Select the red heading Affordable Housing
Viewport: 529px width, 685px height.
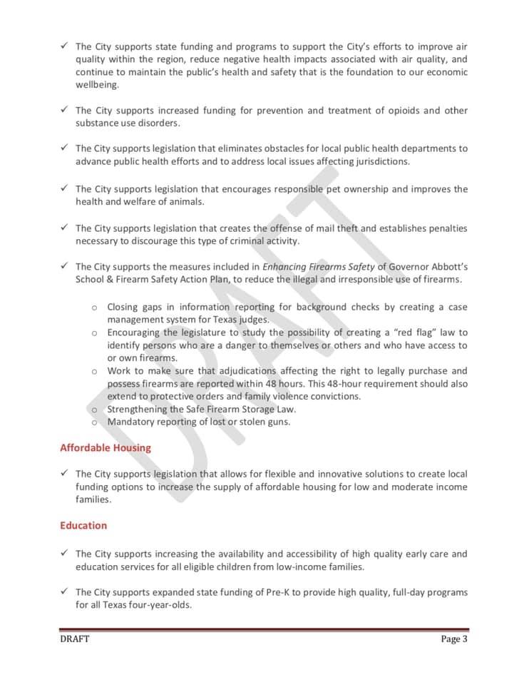[106, 448]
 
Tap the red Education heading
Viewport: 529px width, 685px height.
[83, 526]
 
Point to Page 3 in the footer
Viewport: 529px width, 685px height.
[454, 639]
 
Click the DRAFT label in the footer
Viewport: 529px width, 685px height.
[75, 639]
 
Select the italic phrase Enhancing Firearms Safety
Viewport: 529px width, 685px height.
[319, 267]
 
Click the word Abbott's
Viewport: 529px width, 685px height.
[447, 267]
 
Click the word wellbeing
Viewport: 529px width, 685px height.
[98, 85]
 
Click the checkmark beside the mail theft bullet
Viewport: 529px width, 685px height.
[64, 228]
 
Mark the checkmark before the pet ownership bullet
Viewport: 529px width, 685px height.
[64, 188]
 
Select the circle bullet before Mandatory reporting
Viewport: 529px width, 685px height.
[94, 422]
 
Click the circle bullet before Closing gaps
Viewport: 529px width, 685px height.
[94, 308]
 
